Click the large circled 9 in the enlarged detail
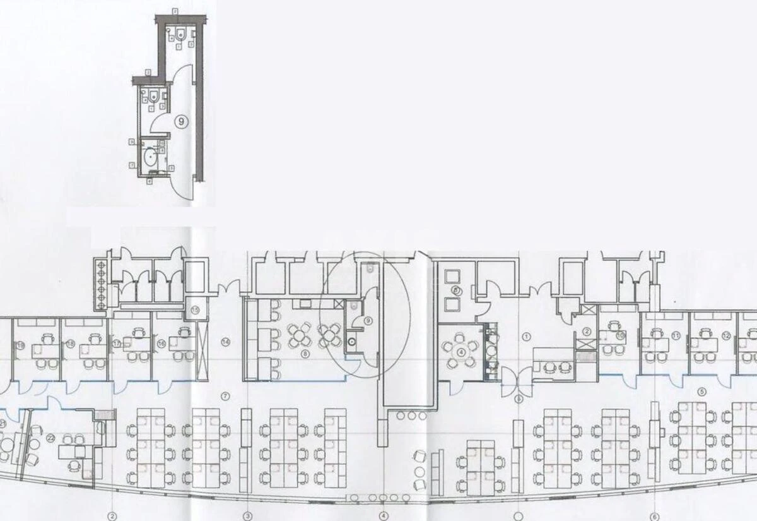(x=180, y=123)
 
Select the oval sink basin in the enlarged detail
(x=151, y=155)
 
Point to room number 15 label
(x=195, y=310)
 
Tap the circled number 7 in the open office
(x=225, y=396)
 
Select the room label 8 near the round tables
(x=305, y=354)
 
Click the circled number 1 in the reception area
(x=525, y=337)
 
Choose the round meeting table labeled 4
(x=461, y=352)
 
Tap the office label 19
(x=21, y=345)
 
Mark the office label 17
(x=117, y=343)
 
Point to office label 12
(x=726, y=336)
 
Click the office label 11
(x=676, y=336)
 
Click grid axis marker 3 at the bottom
(x=248, y=516)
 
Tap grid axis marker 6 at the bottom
(x=654, y=516)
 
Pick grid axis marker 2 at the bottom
(x=112, y=516)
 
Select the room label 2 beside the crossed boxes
(x=586, y=332)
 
